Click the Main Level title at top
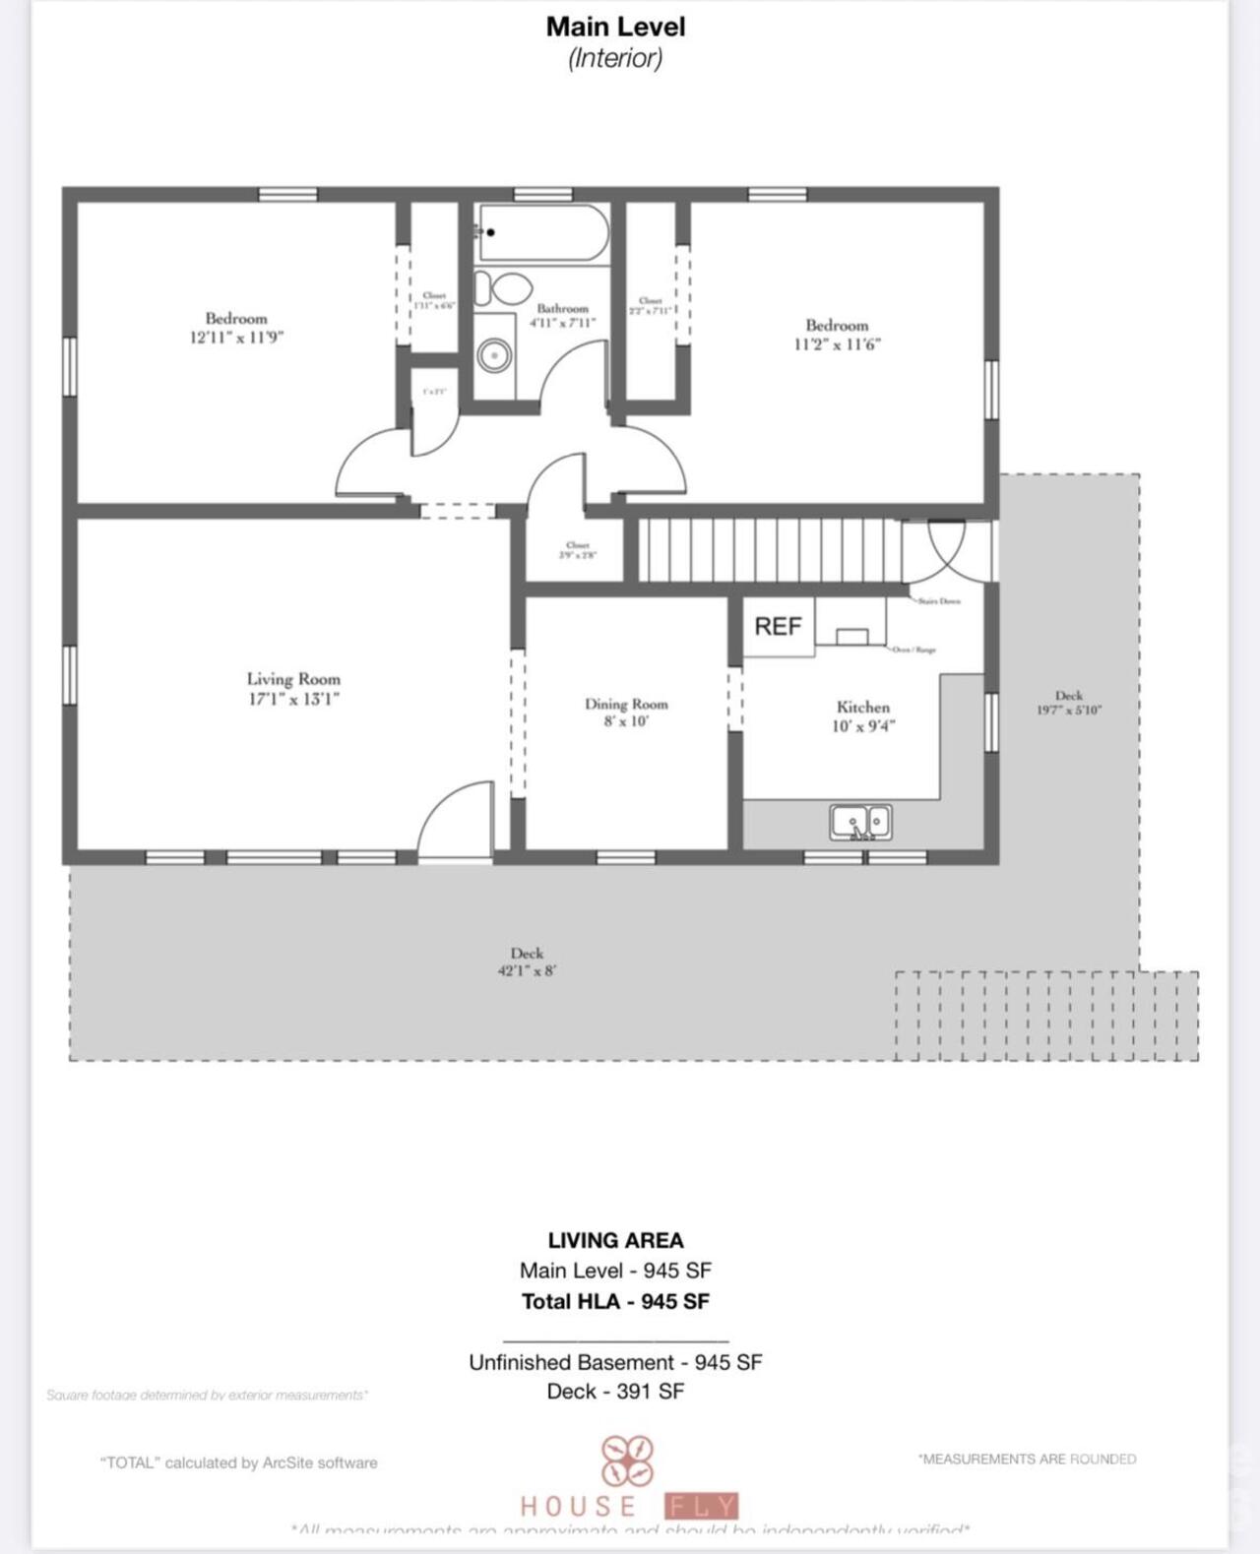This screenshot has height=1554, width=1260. click(615, 27)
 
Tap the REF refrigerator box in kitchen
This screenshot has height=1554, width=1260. click(778, 626)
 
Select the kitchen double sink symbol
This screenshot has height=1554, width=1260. click(860, 823)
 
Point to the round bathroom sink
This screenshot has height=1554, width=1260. click(495, 355)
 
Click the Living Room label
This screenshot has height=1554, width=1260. click(293, 688)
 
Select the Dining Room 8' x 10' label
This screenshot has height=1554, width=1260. click(626, 712)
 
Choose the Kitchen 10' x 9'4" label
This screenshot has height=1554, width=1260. click(863, 715)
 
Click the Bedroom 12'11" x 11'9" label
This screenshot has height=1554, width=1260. click(236, 327)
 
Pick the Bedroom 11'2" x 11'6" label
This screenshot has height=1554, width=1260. click(837, 334)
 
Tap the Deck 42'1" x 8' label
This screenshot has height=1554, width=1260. click(527, 961)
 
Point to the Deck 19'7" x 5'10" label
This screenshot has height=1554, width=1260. click(1068, 702)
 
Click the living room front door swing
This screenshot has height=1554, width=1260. click(456, 822)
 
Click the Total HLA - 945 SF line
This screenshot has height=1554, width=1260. click(615, 1301)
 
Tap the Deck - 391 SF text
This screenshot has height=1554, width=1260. click(615, 1391)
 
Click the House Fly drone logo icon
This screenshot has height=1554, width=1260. click(627, 1461)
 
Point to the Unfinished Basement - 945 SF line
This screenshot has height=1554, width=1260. click(615, 1362)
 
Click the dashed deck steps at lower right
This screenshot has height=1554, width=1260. click(1046, 1016)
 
